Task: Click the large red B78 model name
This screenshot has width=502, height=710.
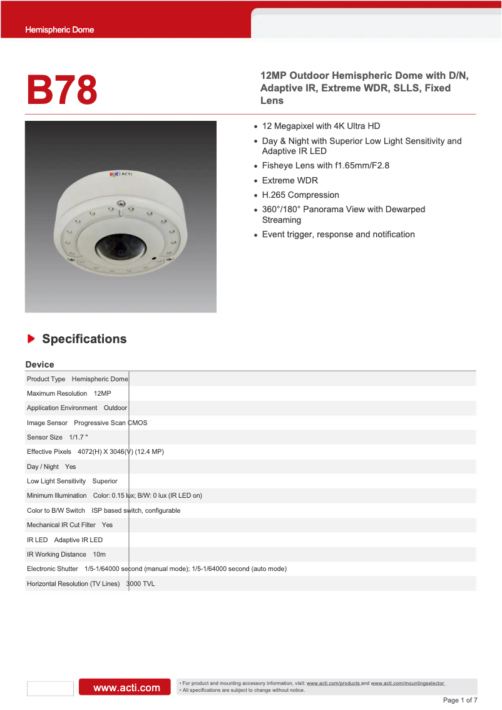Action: (x=62, y=90)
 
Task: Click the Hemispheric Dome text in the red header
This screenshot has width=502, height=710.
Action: (x=59, y=29)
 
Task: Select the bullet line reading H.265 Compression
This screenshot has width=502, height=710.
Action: (x=300, y=195)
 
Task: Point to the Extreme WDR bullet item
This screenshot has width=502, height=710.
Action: (x=290, y=180)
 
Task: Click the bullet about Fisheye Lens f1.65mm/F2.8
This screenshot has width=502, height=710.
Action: (x=325, y=165)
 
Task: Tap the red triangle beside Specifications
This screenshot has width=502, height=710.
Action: (x=31, y=339)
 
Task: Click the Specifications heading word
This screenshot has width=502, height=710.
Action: (x=84, y=339)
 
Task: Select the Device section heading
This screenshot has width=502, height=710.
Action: (x=39, y=364)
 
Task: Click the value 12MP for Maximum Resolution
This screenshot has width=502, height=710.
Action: (x=102, y=393)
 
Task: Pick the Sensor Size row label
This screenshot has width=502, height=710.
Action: (x=44, y=437)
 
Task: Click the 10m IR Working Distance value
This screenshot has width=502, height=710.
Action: (x=99, y=554)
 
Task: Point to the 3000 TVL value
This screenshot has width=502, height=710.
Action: (x=141, y=584)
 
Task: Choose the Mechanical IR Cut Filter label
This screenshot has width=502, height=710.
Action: (x=61, y=525)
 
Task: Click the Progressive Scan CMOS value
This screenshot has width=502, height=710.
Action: (x=111, y=423)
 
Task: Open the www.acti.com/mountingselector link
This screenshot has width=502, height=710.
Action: (x=407, y=683)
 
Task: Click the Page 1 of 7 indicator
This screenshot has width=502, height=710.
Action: (x=460, y=700)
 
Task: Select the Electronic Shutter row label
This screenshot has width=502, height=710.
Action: (x=53, y=569)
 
